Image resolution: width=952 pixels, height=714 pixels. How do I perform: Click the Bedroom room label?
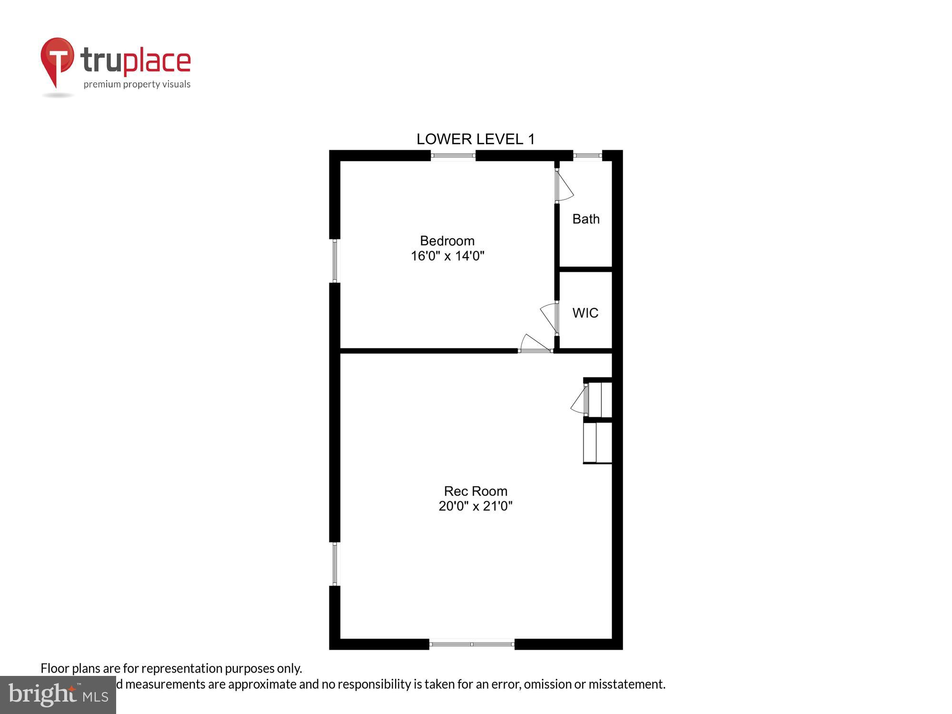447,241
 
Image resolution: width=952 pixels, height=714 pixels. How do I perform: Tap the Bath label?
585,219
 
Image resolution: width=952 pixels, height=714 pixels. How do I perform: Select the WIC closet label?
585,313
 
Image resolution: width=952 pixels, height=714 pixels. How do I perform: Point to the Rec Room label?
476,491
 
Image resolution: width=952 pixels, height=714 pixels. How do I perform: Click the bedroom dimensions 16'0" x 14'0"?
447,256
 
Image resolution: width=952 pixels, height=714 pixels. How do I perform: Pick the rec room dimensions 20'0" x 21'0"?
476,506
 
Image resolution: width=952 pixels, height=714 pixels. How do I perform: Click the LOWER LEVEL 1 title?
476,139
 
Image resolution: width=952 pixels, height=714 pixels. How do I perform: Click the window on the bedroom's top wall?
453,156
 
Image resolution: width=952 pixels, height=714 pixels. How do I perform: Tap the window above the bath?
587,155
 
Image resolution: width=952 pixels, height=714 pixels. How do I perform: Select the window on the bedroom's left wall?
335,261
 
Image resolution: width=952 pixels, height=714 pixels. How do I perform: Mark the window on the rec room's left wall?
335,564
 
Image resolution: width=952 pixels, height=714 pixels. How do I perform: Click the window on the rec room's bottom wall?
472,644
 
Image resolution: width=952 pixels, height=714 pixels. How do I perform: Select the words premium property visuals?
137,85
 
